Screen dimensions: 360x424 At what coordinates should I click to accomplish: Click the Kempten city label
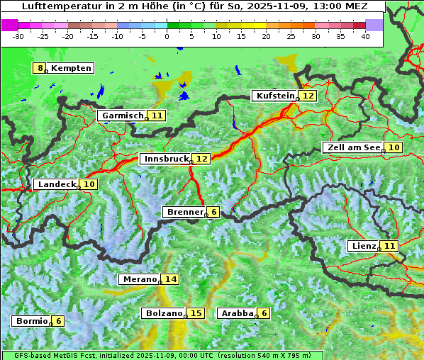(71, 68)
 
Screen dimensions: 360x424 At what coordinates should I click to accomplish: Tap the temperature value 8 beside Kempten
(40, 68)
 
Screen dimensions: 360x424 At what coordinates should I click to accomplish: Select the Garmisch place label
(123, 116)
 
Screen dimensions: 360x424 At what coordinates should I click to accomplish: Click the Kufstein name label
(275, 96)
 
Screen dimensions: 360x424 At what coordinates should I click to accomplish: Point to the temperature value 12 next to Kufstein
(307, 96)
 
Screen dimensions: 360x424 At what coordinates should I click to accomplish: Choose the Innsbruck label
(166, 159)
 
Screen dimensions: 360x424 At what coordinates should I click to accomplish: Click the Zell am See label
(352, 147)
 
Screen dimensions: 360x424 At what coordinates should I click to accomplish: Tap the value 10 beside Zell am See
(394, 147)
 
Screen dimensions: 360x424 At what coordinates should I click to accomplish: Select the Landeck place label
(56, 184)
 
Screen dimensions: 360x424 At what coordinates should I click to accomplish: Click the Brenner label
(184, 212)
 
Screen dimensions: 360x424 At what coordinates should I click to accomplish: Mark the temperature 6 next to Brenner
(213, 212)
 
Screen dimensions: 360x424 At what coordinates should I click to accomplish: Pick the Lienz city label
(362, 246)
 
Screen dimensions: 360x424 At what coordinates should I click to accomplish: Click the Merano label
(138, 279)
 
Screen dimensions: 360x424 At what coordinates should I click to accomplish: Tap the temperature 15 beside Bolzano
(196, 313)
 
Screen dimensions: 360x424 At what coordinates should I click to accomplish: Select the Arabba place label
(237, 313)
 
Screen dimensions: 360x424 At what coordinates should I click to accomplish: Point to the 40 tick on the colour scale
(365, 35)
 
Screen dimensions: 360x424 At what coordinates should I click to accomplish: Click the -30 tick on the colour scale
(18, 35)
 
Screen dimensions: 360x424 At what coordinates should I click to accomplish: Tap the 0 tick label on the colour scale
(167, 35)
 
